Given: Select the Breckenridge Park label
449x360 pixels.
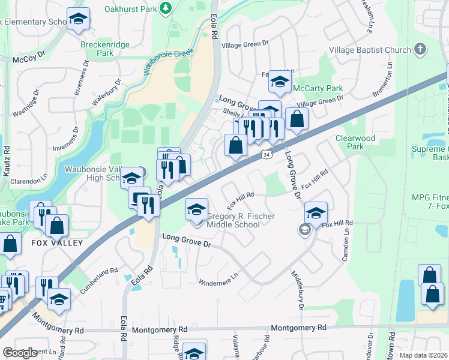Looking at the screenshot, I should [x=97, y=48].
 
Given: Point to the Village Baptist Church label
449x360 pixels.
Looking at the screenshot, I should [x=369, y=50].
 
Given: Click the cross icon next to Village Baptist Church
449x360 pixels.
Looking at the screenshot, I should [x=420, y=49].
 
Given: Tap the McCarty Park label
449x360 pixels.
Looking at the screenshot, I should [x=318, y=89].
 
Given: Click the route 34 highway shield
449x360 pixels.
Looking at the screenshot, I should [x=265, y=155].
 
